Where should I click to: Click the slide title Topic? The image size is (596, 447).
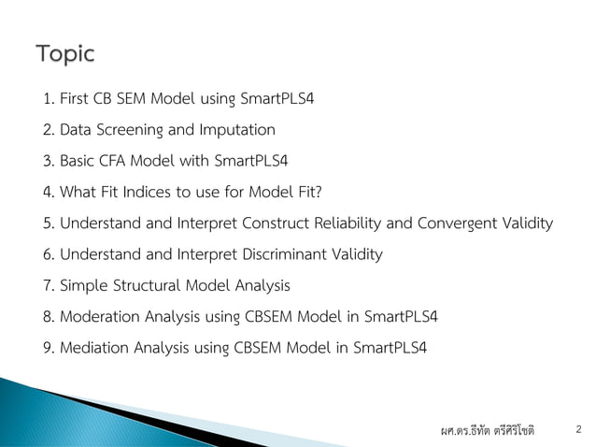65,54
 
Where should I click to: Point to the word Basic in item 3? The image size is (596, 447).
78,160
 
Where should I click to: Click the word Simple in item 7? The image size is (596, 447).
80,285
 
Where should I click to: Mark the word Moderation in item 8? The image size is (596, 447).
95,316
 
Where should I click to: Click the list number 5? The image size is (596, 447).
48,223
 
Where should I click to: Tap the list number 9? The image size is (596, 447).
48,348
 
